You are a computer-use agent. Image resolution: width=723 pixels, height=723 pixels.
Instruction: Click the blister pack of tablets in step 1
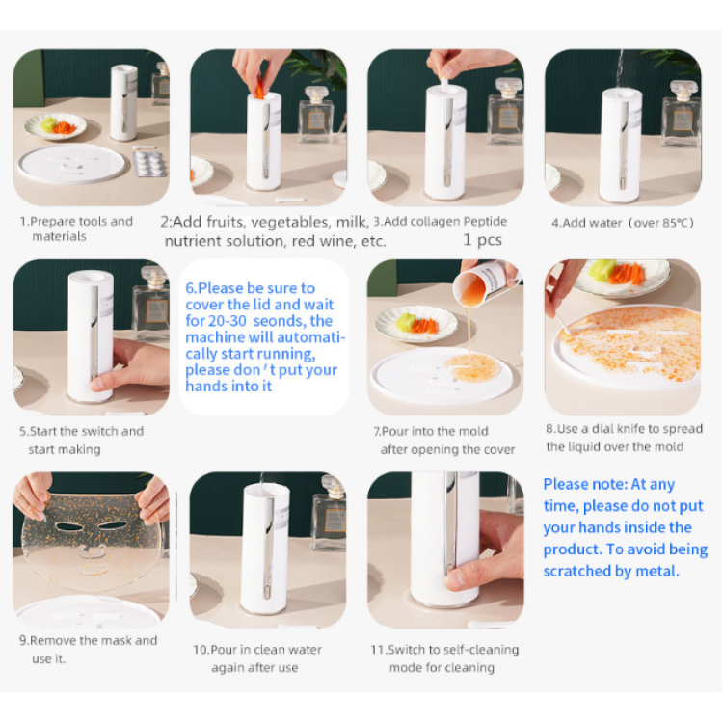tap(148, 163)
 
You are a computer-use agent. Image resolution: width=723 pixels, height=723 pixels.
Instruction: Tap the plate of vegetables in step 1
tap(55, 126)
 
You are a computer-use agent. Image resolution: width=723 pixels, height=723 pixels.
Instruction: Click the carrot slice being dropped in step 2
tap(259, 89)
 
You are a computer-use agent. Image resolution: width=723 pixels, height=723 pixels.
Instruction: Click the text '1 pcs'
tap(482, 240)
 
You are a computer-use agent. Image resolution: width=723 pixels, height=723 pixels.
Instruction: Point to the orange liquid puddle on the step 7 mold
tap(473, 367)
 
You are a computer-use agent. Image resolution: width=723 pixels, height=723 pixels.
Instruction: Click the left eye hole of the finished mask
tap(69, 526)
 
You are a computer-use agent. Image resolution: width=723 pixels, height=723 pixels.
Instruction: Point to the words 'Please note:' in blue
tap(585, 484)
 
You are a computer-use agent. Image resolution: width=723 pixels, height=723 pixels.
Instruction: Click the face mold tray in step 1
tap(71, 164)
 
